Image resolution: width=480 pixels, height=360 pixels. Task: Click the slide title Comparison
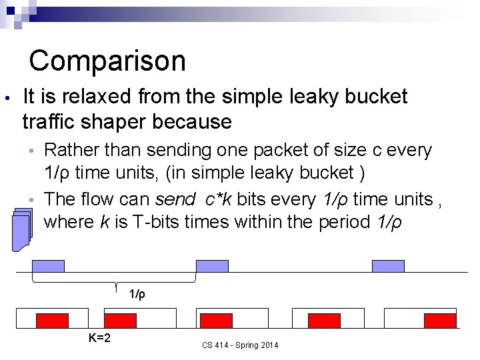click(x=107, y=61)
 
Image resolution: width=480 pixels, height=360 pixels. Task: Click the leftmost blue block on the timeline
click(x=49, y=266)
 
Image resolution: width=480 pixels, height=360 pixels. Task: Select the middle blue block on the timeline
click(x=212, y=266)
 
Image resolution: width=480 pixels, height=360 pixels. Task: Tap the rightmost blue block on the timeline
click(x=388, y=266)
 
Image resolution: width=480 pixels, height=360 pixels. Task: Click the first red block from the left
click(x=52, y=321)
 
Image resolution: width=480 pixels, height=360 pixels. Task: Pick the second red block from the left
click(x=120, y=321)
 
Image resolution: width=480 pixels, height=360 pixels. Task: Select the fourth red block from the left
click(x=324, y=321)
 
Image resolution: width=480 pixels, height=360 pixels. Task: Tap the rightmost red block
click(x=440, y=321)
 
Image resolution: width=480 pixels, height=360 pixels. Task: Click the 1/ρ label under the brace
click(x=137, y=294)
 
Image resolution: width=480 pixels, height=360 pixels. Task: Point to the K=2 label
click(x=99, y=338)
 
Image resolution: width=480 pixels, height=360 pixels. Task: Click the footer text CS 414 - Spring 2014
click(x=240, y=345)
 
